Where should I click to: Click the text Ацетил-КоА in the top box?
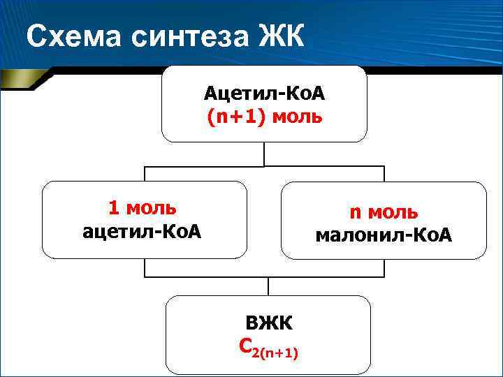(264, 93)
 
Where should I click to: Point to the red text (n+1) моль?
(264, 115)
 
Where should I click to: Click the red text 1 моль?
(142, 208)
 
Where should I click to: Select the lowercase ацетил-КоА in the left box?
(142, 230)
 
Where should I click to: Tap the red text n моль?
(384, 212)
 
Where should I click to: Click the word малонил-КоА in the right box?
(384, 236)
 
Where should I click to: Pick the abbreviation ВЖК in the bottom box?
(269, 323)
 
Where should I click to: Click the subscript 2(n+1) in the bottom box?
(278, 353)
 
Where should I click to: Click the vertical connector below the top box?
(264, 154)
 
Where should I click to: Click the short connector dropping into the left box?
(145, 174)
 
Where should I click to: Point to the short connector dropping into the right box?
(384, 174)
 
